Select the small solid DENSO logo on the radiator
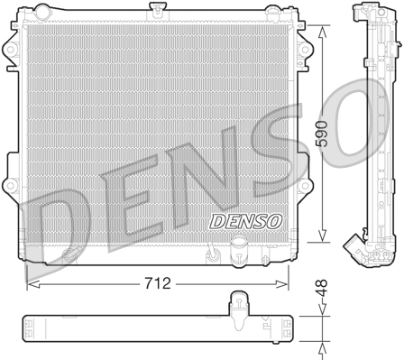click(221, 220)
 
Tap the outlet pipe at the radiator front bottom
click(239, 248)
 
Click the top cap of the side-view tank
click(363, 13)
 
